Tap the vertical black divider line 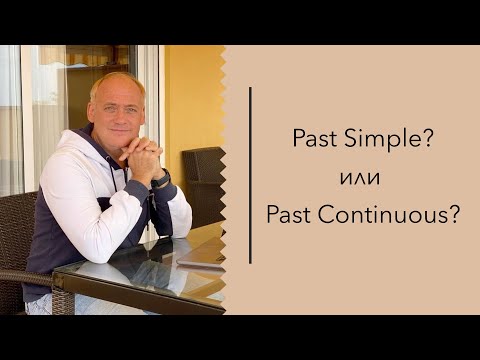249,175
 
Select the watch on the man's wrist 160,179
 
